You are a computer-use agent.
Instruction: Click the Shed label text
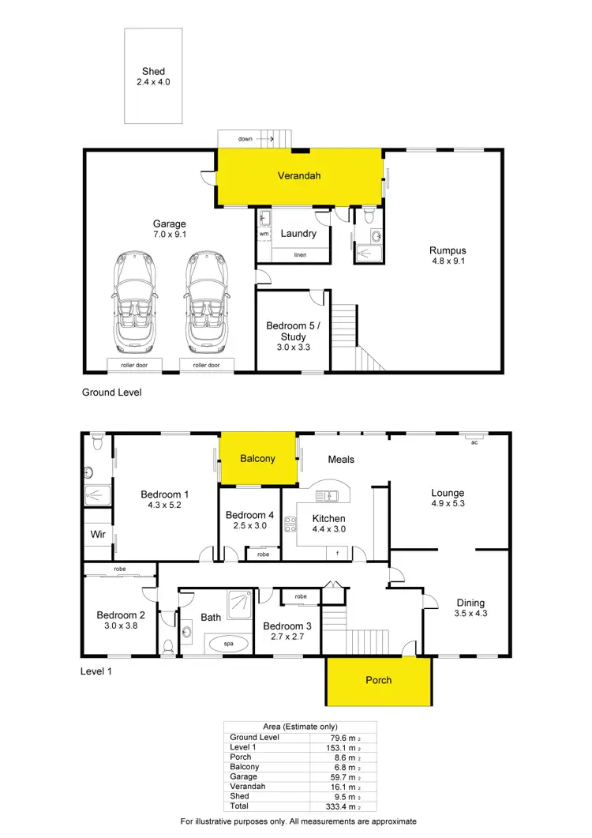[153, 71]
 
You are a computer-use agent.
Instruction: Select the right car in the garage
[207, 303]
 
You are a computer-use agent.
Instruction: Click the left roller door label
[135, 365]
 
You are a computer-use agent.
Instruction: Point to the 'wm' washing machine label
[264, 234]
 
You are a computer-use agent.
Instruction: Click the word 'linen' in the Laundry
[300, 255]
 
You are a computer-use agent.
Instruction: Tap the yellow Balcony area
[257, 458]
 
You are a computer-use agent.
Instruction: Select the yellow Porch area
[378, 680]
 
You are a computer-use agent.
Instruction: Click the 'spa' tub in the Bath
[229, 644]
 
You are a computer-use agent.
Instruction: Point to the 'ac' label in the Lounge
[474, 442]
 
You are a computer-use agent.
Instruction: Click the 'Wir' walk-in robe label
[98, 534]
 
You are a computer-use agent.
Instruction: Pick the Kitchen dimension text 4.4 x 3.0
[328, 530]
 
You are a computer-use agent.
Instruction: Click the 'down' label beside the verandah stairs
[245, 139]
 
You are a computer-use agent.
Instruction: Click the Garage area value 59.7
[339, 776]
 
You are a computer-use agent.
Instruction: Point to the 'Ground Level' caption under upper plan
[111, 392]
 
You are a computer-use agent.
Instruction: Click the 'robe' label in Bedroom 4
[262, 554]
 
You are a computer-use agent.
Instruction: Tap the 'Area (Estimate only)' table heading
[299, 727]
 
